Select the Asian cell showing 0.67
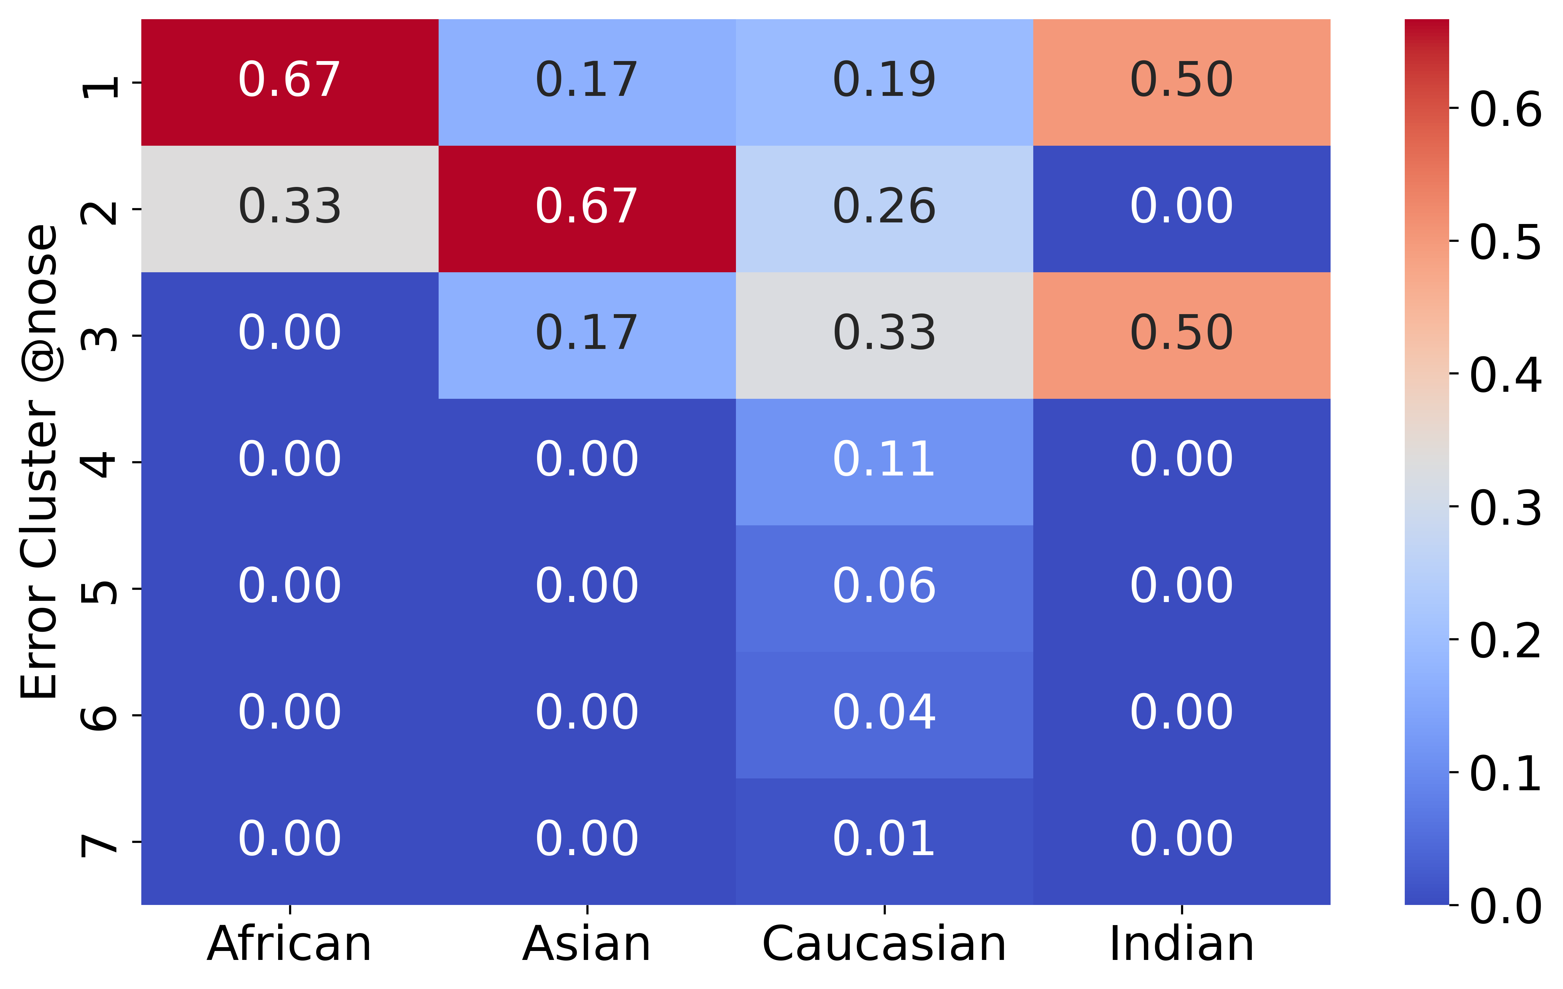587,209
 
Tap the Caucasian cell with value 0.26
885,209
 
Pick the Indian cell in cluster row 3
1182,336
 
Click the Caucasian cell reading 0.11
885,462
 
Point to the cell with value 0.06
885,589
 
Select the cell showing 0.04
885,715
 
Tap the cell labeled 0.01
885,842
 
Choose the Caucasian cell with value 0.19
885,82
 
